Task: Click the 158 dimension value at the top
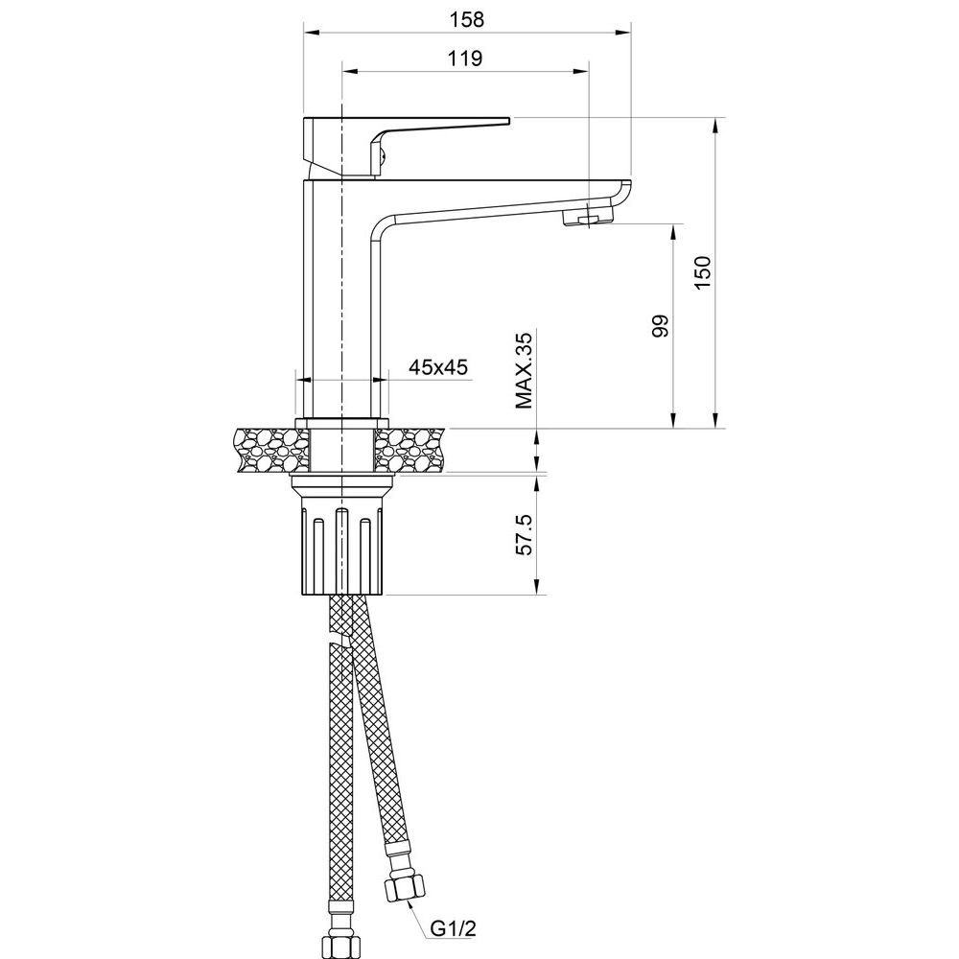pos(467,19)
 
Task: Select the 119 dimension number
pos(465,58)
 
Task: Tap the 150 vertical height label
pos(703,272)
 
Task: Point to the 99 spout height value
pos(661,326)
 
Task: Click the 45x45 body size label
pos(438,367)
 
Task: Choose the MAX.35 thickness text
pos(525,370)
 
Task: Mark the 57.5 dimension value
pos(525,534)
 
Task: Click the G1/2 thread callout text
pos(454,928)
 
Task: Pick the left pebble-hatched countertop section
pos(272,450)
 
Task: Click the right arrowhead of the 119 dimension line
pos(581,71)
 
